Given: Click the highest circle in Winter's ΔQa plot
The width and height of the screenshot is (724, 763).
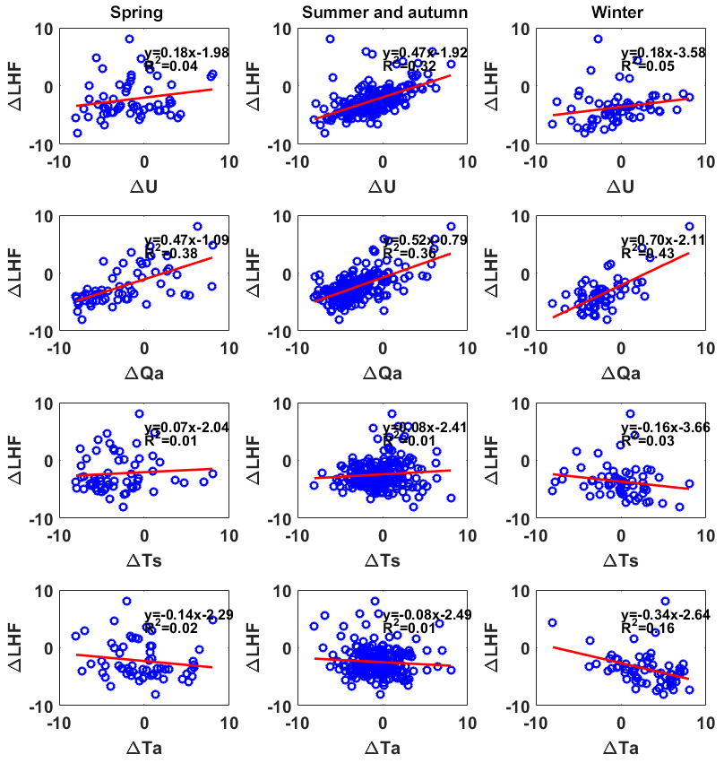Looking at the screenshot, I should click(689, 227).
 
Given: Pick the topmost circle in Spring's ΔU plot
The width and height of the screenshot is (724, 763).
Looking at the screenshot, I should click(129, 39).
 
